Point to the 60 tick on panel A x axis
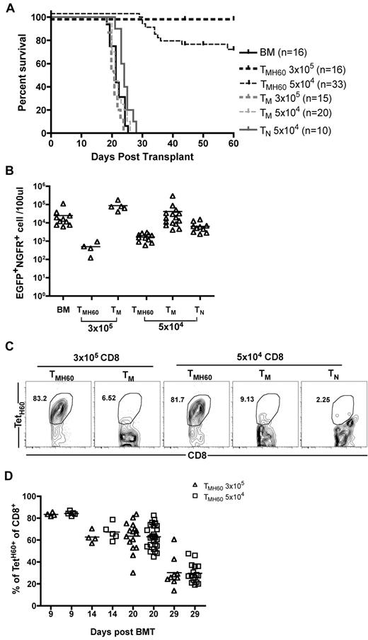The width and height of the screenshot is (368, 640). pyautogui.click(x=234, y=142)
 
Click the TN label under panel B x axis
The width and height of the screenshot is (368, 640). pyautogui.click(x=200, y=307)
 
